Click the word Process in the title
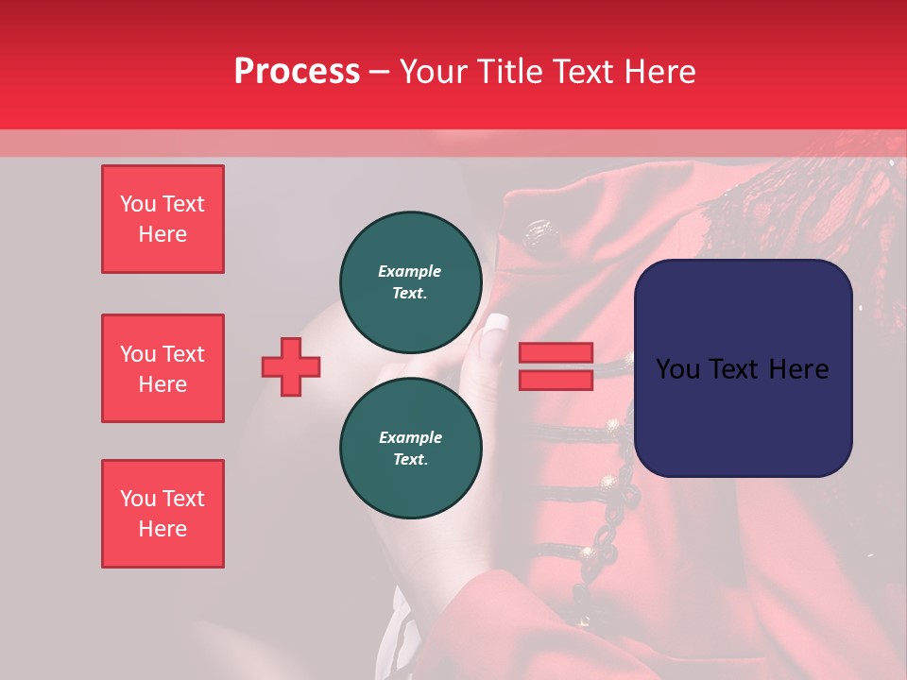[297, 72]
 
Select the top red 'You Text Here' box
[163, 219]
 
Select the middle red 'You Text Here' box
[163, 368]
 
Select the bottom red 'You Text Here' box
[163, 514]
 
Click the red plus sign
[291, 366]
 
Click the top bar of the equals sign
[556, 353]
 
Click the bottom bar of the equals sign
[556, 380]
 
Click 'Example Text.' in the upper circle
[410, 281]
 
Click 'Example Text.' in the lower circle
[410, 449]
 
